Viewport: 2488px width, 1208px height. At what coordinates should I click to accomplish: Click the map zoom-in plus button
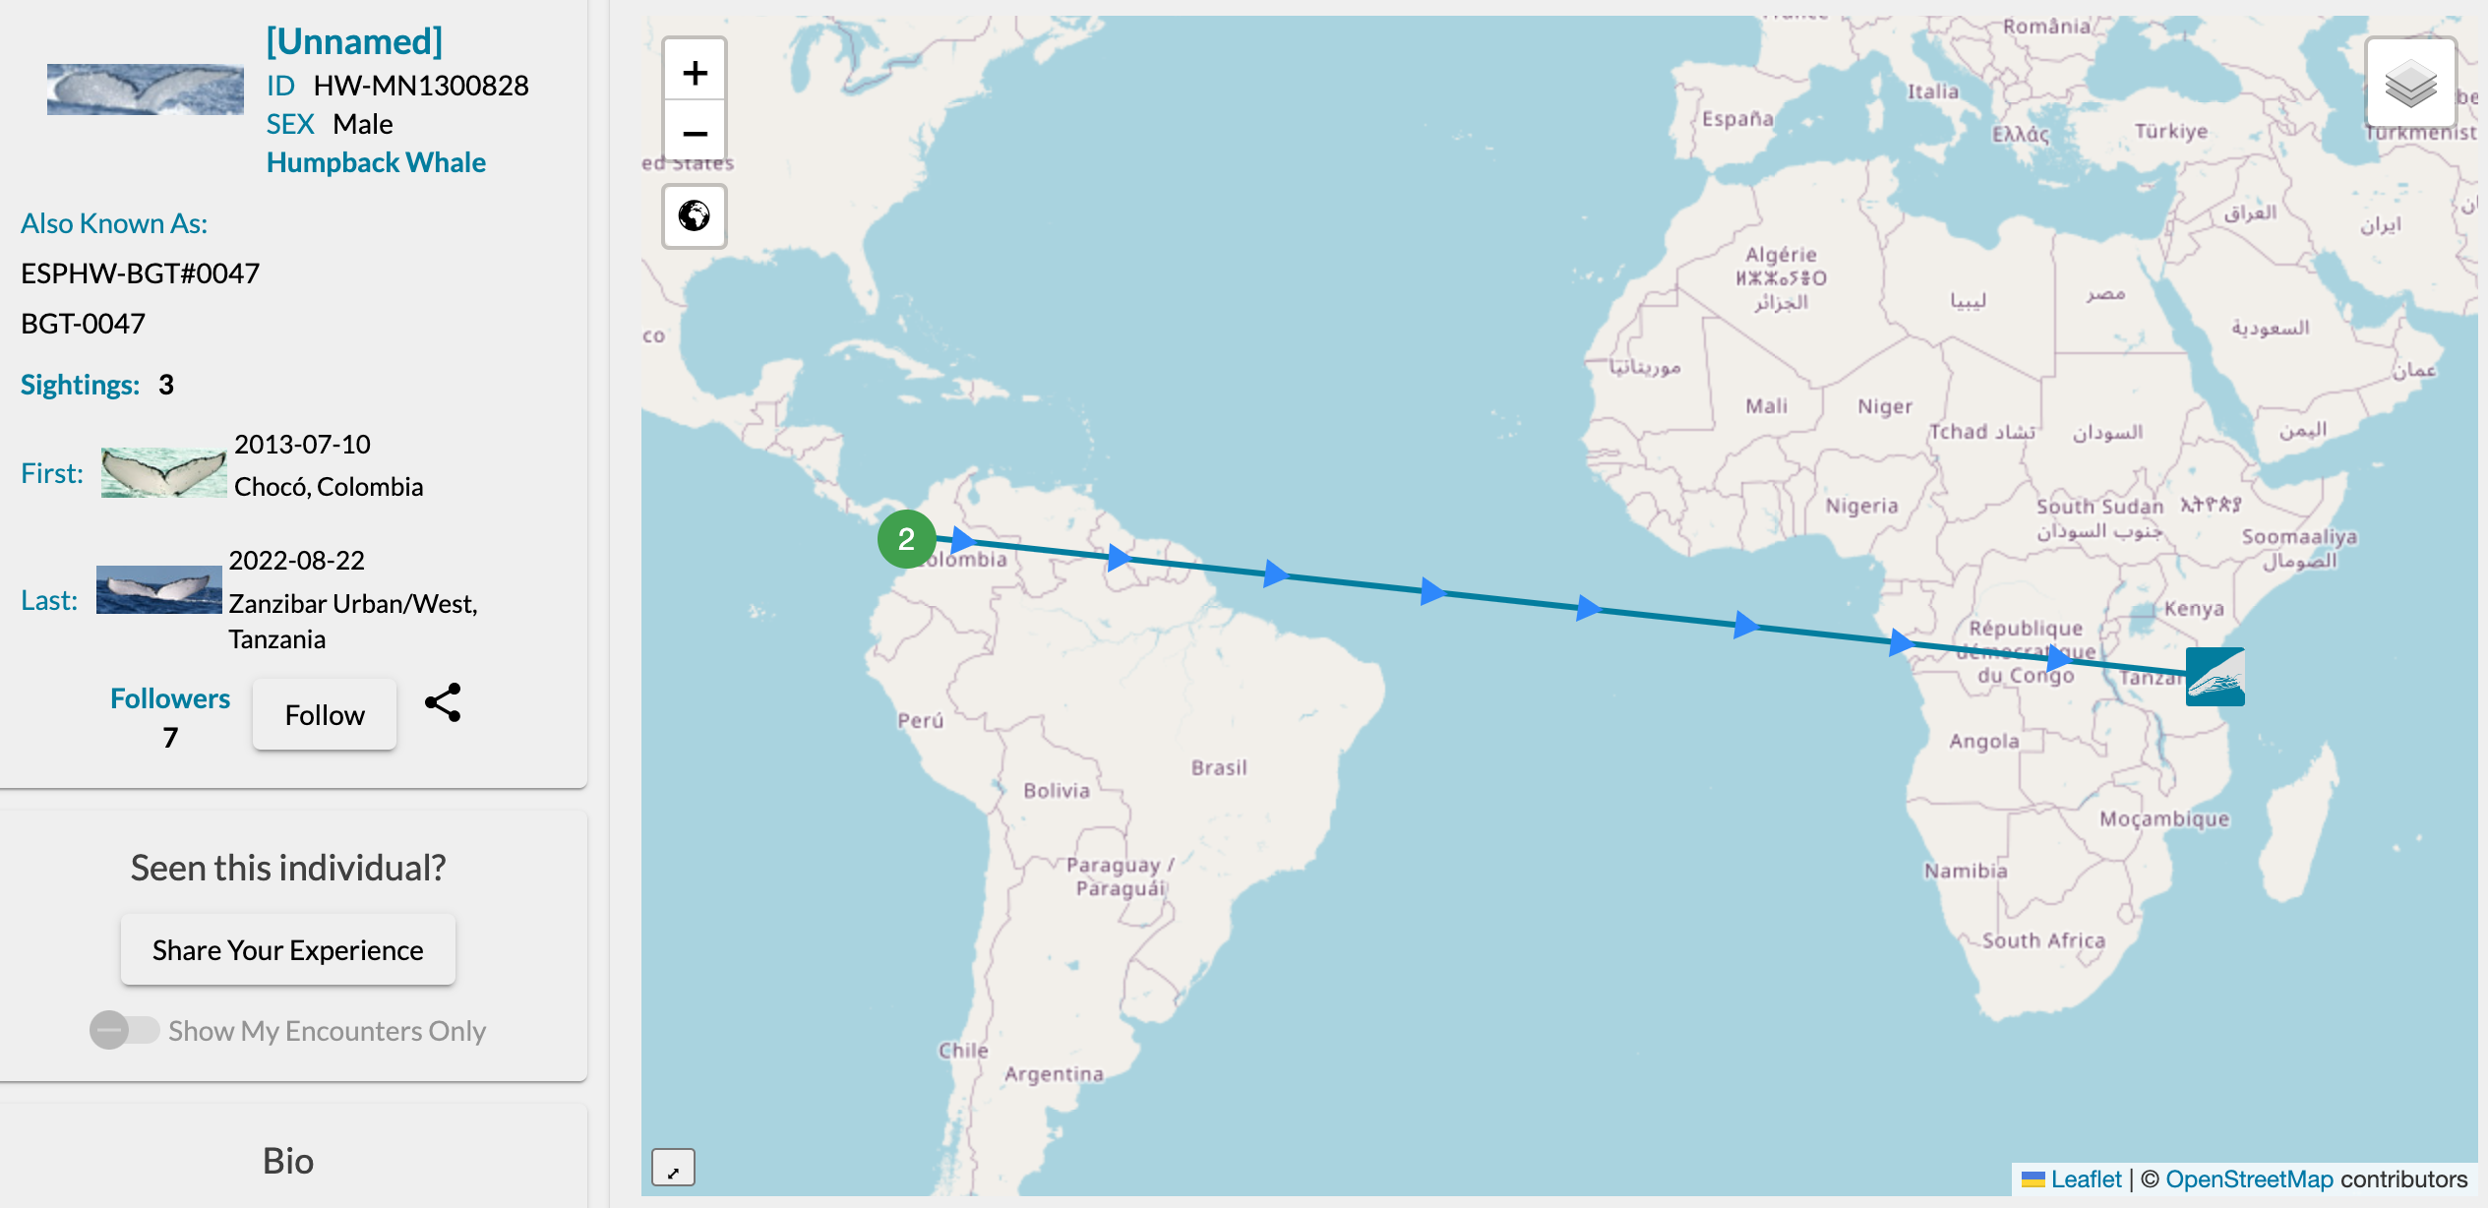coord(695,72)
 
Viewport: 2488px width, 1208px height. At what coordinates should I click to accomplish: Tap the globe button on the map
coord(695,215)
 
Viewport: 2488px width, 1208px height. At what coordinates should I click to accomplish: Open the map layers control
coord(2409,84)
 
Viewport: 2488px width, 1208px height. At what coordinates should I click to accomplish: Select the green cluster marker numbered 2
coord(906,539)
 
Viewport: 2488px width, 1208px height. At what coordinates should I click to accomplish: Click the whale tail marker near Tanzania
coord(2215,677)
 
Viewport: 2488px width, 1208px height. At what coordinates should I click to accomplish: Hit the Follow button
coord(325,715)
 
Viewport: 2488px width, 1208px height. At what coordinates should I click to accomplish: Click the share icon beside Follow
coord(443,703)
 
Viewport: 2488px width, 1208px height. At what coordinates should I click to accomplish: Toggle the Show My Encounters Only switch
coord(124,1030)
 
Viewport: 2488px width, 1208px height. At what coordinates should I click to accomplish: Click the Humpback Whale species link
coord(376,162)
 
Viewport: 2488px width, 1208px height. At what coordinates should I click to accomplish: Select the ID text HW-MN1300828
coord(421,86)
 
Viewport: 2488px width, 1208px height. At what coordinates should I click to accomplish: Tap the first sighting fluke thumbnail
coord(163,472)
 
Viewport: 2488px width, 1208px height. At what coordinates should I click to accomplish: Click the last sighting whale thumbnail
coord(158,590)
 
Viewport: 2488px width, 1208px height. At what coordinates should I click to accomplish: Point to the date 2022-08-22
coord(297,561)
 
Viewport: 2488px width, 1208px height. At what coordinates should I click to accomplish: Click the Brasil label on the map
coord(1219,767)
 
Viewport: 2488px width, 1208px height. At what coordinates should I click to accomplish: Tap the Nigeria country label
coord(1861,506)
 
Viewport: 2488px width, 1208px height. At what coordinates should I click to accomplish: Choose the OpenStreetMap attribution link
coord(2249,1178)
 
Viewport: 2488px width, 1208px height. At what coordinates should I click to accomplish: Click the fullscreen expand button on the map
coord(673,1168)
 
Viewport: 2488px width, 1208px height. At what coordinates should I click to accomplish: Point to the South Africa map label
coord(2043,940)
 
